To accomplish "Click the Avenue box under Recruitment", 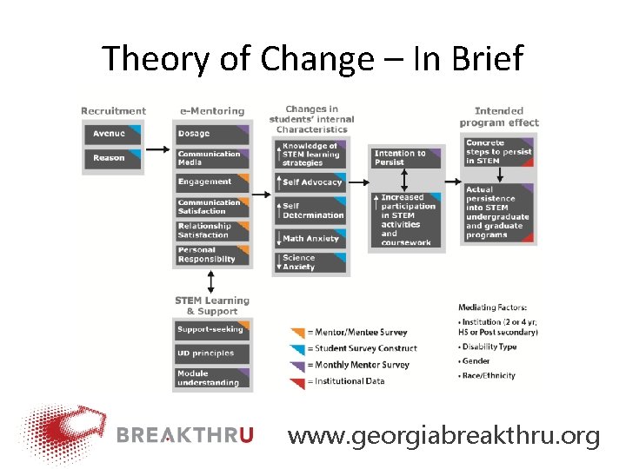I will coord(111,134).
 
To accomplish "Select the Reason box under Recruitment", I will coord(111,158).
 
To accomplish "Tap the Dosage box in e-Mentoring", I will coord(212,134).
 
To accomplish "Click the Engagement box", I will coord(212,182).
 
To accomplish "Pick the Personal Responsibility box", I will coord(212,254).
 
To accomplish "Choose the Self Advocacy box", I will coord(313,182).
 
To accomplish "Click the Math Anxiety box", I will coord(313,238).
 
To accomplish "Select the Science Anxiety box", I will coord(313,262).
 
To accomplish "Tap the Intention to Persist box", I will coord(405,157).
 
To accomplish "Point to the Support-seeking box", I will coord(212,330).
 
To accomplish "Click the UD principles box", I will coord(212,353).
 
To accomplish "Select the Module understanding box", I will coord(212,378).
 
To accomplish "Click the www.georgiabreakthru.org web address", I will coord(443,436).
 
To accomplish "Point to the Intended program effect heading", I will coord(499,116).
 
